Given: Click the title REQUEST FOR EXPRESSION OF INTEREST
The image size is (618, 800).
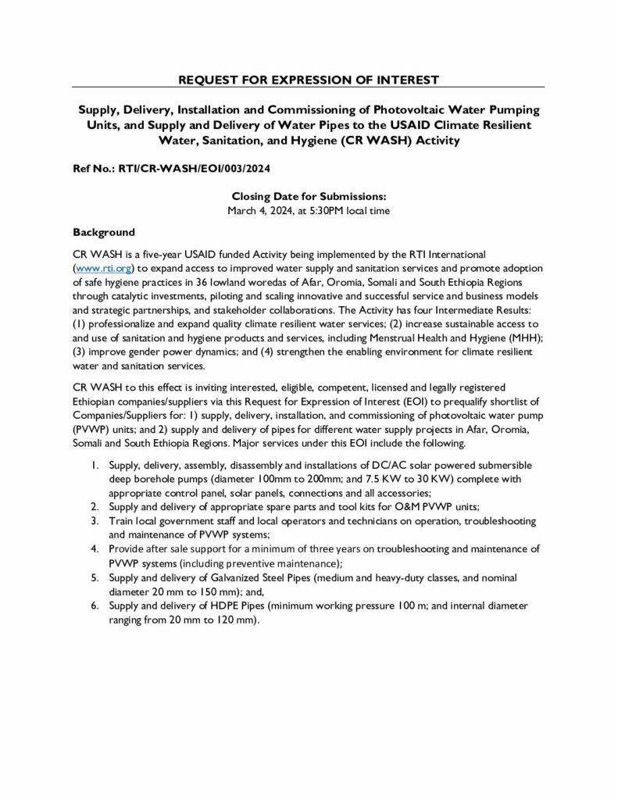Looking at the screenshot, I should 309,80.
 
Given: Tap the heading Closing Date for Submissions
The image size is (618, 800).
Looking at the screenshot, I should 309,198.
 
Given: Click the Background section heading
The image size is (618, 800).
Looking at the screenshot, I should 104,232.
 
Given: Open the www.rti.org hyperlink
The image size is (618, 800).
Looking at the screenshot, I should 105,267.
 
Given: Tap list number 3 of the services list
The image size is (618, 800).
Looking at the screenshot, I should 93,520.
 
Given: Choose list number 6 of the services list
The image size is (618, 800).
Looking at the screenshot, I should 93,605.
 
